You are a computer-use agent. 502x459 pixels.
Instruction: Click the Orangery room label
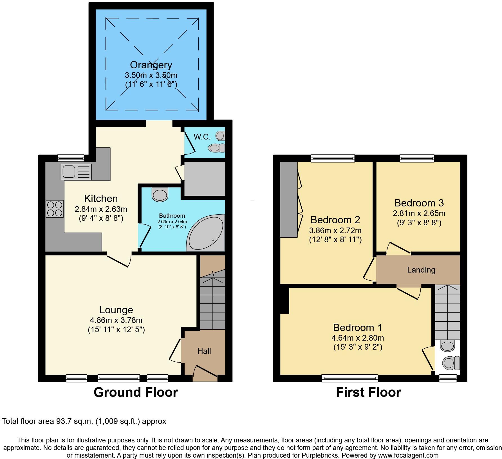151,65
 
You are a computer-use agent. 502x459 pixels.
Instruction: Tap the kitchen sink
76,172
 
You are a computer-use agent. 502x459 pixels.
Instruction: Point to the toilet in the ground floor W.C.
217,148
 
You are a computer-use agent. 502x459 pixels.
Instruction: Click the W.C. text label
202,137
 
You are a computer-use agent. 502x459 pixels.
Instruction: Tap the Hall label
204,351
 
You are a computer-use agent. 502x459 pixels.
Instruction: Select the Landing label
421,270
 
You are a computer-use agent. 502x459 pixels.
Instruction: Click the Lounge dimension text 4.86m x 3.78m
116,320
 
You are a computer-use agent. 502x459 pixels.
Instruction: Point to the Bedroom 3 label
419,203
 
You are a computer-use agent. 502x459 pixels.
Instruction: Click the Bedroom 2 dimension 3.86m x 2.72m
335,231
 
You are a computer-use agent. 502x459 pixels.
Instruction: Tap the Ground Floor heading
136,392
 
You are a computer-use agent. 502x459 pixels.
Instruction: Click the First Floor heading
368,392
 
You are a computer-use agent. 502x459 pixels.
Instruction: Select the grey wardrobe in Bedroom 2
289,199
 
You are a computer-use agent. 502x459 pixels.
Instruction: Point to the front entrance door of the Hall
205,374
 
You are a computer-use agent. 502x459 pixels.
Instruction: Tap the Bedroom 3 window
417,159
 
